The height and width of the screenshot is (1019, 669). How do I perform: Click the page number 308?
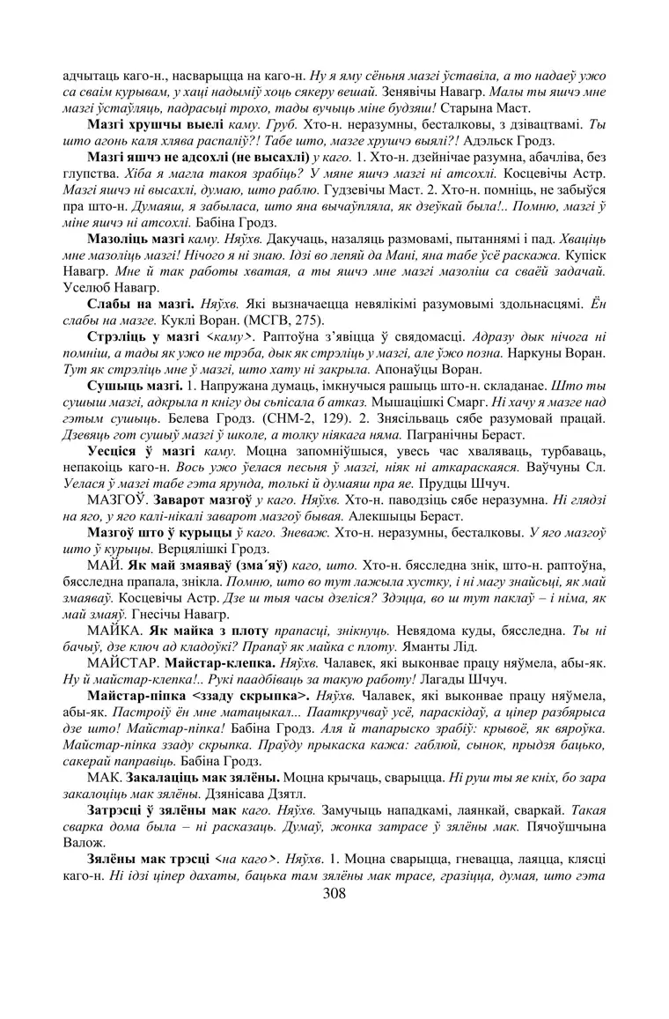(x=334, y=893)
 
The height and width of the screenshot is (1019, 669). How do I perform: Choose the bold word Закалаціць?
(x=165, y=754)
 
